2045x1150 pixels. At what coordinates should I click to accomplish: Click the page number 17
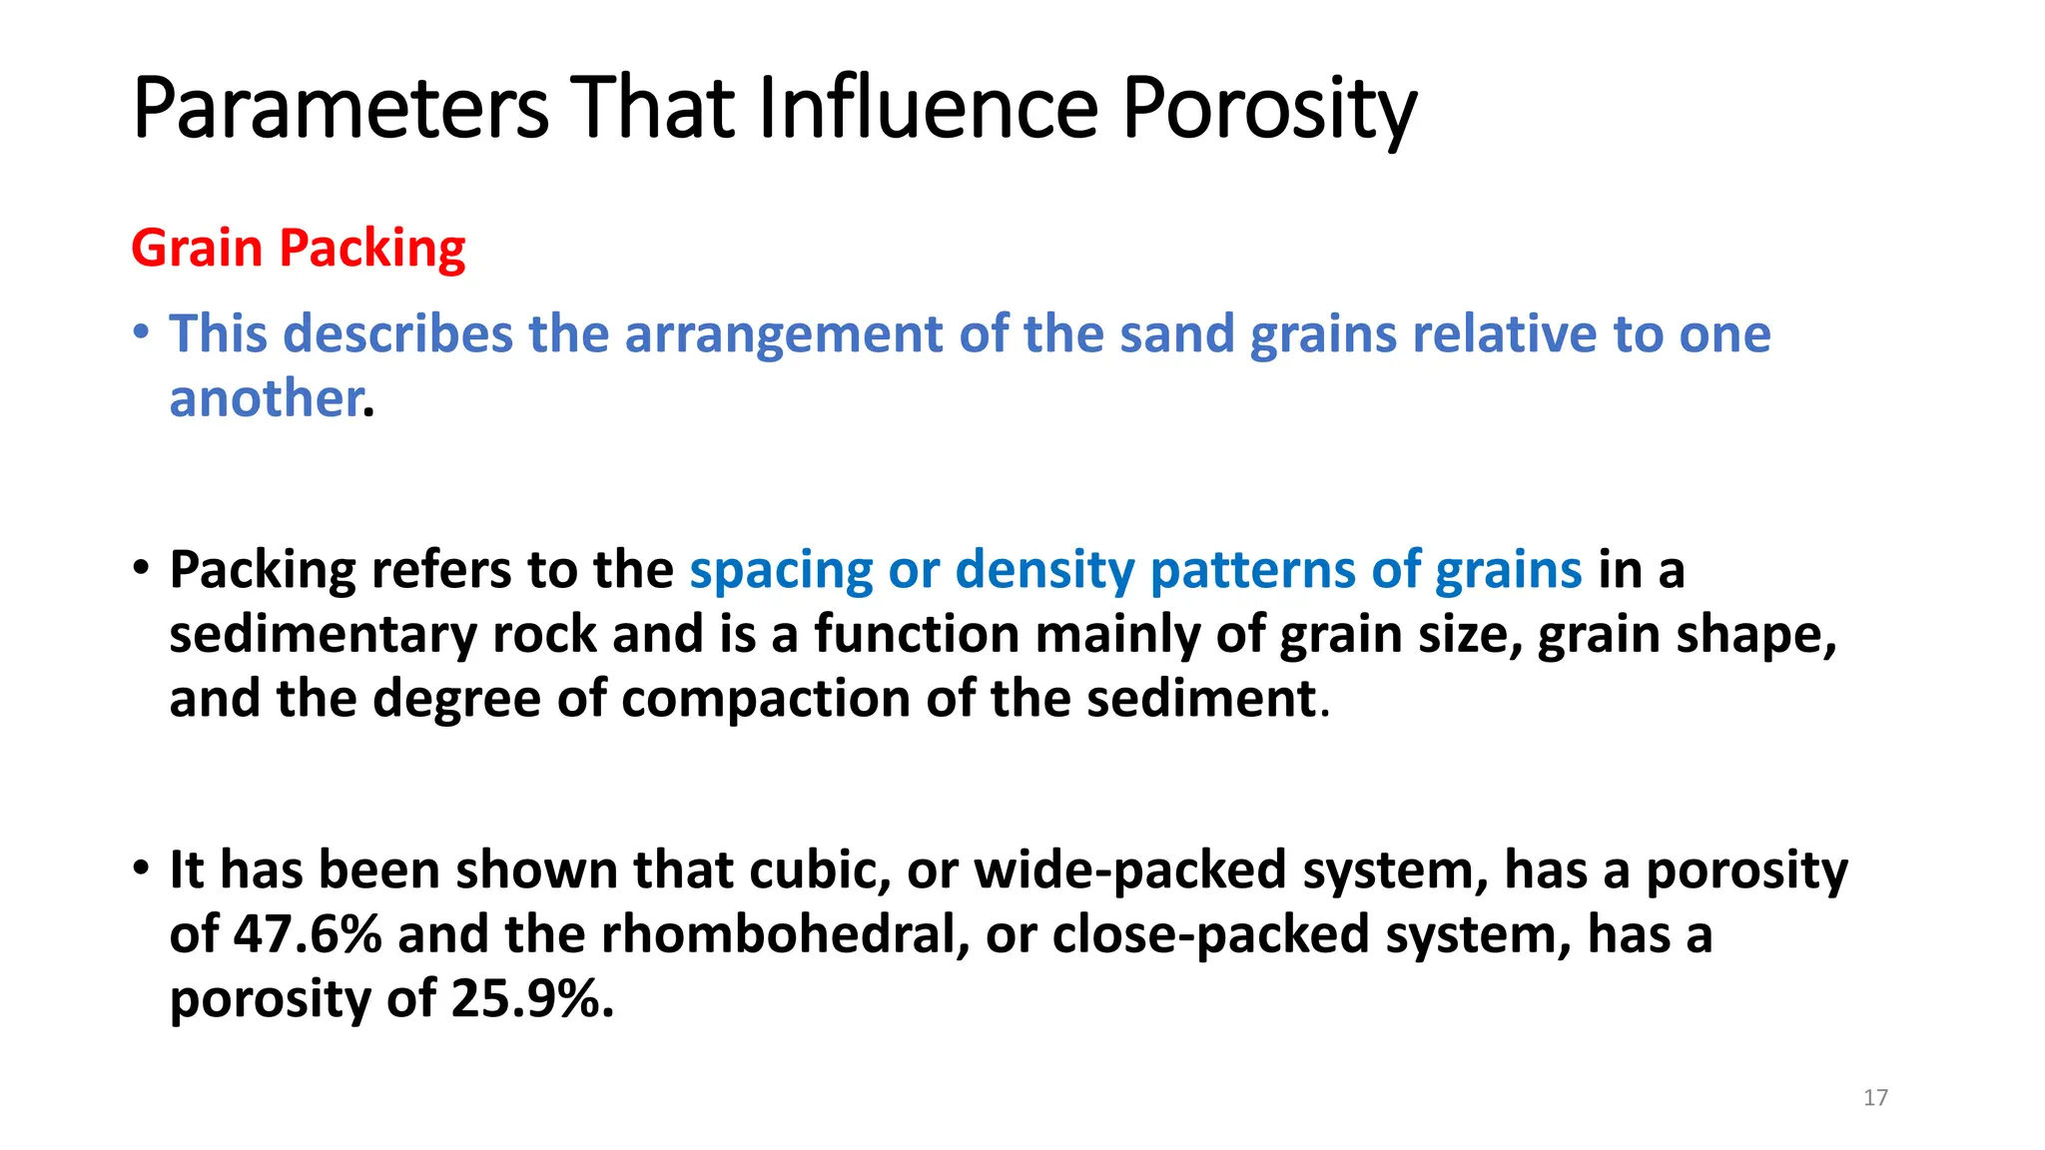coord(1875,1097)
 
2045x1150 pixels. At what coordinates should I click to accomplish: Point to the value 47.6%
coord(308,935)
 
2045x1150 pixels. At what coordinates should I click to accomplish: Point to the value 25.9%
coord(532,999)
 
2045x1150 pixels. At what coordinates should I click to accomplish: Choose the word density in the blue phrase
coord(1044,571)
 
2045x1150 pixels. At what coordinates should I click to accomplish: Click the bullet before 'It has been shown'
coord(142,865)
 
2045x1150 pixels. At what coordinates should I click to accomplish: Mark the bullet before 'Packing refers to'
coord(142,566)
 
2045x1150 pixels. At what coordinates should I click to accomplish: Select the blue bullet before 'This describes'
coord(142,329)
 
